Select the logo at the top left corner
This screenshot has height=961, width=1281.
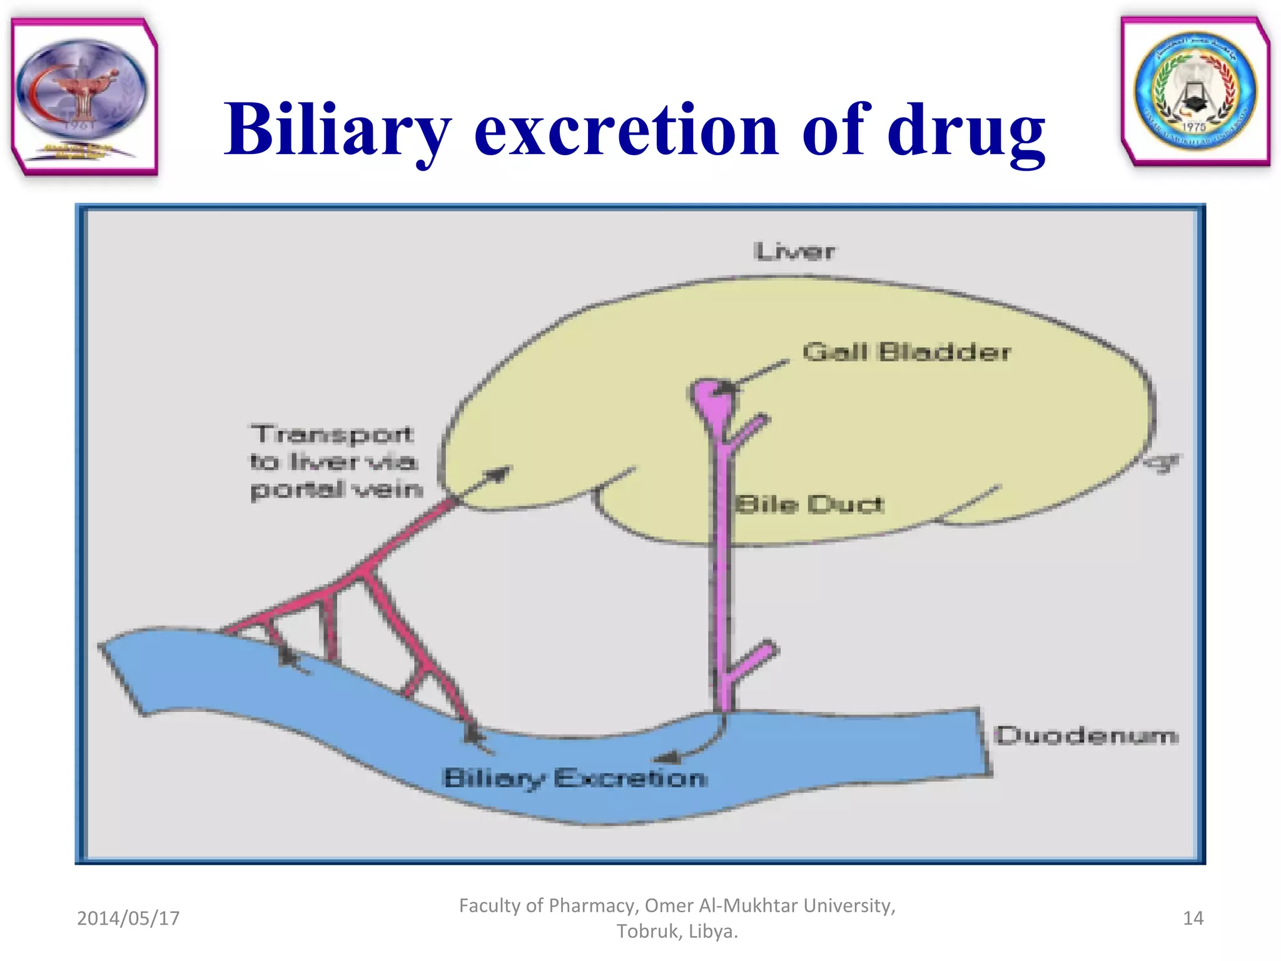pos(84,96)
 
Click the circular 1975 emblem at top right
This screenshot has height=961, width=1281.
pos(1195,91)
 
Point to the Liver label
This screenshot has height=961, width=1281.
pos(794,252)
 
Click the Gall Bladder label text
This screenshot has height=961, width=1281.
pos(906,352)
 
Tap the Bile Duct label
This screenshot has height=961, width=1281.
pos(809,504)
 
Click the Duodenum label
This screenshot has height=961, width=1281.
pos(1086,735)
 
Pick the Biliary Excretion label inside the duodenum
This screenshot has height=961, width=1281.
pos(575,778)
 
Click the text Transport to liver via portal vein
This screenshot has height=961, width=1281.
pos(335,462)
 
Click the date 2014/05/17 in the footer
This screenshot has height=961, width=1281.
pos(128,918)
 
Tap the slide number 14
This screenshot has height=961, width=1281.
pos(1193,918)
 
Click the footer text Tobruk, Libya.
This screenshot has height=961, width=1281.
pos(677,932)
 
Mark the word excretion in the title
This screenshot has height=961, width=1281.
pos(625,130)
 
